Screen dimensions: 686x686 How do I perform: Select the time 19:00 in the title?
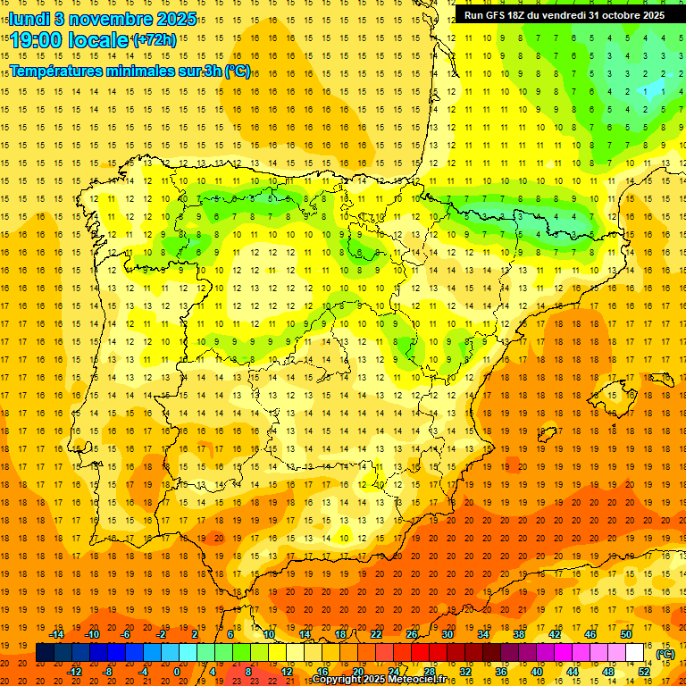(x=39, y=40)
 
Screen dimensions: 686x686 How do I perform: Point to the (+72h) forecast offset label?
(x=154, y=40)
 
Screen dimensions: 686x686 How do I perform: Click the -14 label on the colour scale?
(x=56, y=634)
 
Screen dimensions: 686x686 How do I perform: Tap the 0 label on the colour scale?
(x=177, y=672)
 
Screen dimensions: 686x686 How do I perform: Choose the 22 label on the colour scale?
(x=376, y=634)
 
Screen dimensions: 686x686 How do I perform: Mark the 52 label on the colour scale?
(x=644, y=672)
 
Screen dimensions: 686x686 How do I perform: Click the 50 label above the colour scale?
(x=626, y=634)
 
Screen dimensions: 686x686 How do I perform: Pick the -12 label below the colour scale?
(x=75, y=672)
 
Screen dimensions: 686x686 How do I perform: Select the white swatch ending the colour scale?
(x=635, y=653)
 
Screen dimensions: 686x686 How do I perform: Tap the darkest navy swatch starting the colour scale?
(x=45, y=653)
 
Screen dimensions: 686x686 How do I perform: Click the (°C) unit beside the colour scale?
(x=665, y=654)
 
